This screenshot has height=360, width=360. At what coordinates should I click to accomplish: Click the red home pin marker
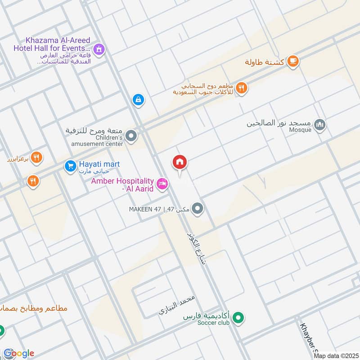(x=180, y=162)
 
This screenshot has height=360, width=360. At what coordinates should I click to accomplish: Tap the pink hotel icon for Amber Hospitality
(x=162, y=183)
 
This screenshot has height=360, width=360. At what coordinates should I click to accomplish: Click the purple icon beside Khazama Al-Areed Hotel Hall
(x=100, y=49)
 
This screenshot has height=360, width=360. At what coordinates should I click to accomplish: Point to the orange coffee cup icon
(x=292, y=61)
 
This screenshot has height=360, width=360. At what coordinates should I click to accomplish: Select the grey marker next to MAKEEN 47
(x=197, y=209)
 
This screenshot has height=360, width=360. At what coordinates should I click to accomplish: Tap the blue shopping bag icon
(x=138, y=99)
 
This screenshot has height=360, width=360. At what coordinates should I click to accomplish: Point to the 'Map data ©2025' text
(x=335, y=355)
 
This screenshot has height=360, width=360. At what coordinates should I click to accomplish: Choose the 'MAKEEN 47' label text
(x=144, y=209)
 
